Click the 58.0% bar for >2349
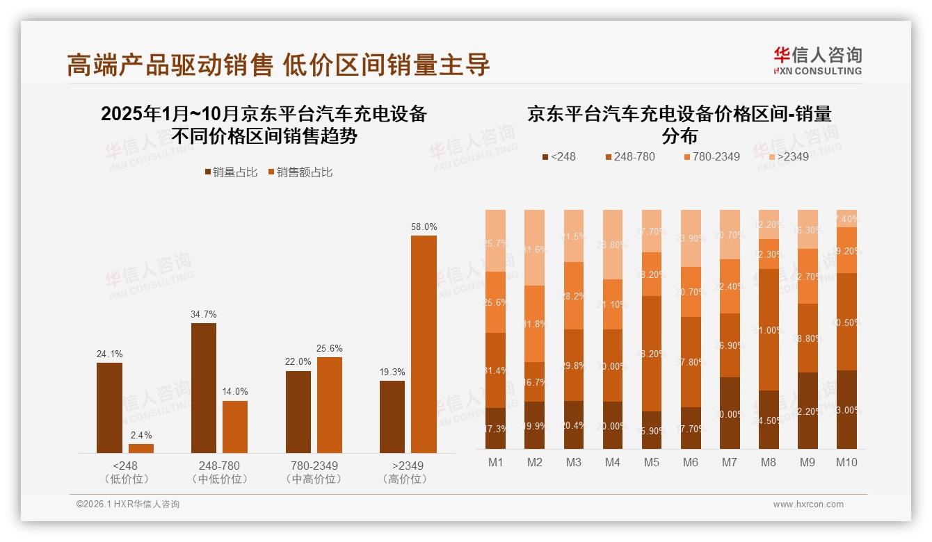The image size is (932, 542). point(424,344)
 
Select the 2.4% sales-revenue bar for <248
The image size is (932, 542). point(140,448)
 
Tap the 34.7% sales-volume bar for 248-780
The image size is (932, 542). point(203,388)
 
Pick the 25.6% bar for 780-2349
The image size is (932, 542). point(329,404)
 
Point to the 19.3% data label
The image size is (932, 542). point(392,372)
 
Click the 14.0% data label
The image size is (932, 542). point(235,392)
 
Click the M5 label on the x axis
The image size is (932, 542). point(651,462)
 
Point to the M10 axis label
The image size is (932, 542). point(846,462)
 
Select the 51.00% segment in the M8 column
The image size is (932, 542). point(769,329)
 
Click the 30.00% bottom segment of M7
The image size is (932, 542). point(730,413)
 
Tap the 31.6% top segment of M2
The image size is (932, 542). point(534,248)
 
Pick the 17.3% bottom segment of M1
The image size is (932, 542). point(495,428)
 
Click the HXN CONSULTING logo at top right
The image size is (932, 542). point(817,61)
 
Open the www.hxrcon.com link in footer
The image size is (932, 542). point(808,504)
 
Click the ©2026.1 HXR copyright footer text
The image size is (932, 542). point(128,504)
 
